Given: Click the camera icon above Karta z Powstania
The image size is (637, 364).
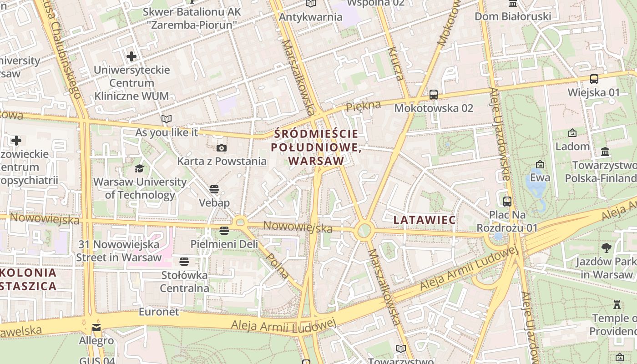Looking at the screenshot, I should tap(222, 148).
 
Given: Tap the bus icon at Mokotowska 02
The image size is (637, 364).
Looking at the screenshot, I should tap(434, 95).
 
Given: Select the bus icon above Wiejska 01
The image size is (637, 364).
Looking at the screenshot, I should tap(594, 79).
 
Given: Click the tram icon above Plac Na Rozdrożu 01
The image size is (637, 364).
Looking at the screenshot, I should tap(507, 201).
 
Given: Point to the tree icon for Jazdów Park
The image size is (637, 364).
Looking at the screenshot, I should tap(606, 248).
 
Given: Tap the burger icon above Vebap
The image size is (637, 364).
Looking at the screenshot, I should tap(214, 189).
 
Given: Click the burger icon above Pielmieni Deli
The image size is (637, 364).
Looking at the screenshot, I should tap(224, 231).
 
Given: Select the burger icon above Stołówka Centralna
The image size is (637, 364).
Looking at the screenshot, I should tap(184, 262).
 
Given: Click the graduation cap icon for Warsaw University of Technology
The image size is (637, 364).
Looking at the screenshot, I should tap(139, 168).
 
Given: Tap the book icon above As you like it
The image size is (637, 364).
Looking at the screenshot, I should tap(167, 119).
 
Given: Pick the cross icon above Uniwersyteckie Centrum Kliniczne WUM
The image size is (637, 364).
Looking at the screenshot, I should tap(131, 56).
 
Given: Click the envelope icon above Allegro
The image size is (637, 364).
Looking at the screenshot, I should tap(96, 328).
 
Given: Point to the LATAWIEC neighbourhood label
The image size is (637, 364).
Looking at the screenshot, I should tap(425, 220).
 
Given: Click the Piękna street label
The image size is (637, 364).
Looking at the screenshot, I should tap(363, 106).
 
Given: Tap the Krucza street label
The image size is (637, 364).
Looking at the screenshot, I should tap(395, 64).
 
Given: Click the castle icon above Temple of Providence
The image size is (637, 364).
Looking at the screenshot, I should tap(617, 304).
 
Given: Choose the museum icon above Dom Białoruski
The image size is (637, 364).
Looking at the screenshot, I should tap(513, 4).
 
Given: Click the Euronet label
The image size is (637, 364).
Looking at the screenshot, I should tap(159, 312).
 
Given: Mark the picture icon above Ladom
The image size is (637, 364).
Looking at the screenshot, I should tap(572, 133).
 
